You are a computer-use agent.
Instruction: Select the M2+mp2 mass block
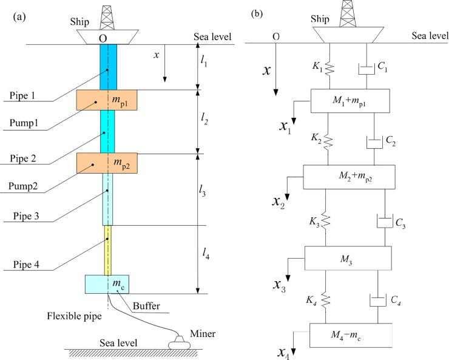point(349,176)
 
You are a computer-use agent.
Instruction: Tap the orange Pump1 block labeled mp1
point(108,100)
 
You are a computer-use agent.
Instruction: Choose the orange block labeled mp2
point(108,163)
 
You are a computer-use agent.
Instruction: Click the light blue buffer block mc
point(107,284)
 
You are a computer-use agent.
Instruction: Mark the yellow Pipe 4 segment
point(108,250)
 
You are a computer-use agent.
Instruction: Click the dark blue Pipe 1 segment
point(108,67)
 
